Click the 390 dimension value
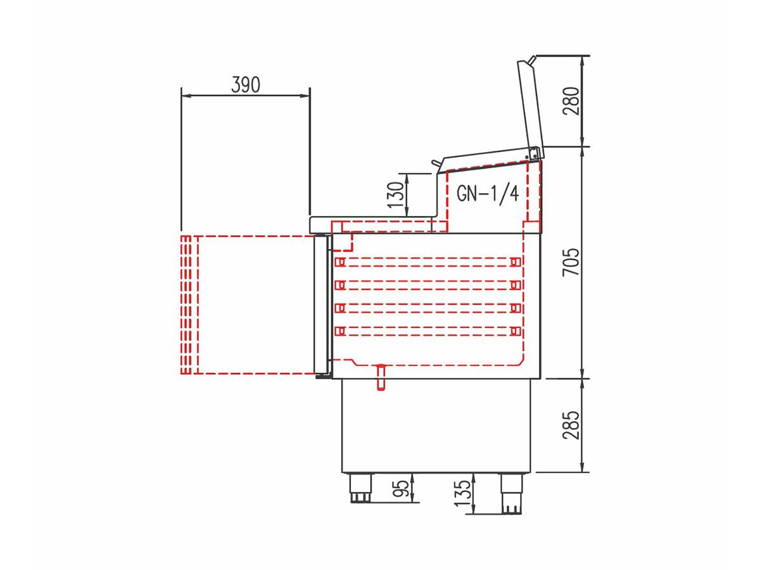(246, 84)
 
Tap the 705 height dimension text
(571, 262)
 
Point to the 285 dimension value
(571, 426)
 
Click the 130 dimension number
(395, 195)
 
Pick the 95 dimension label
(402, 488)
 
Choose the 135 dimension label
(463, 493)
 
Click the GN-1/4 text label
(488, 193)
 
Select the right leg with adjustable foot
(512, 493)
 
